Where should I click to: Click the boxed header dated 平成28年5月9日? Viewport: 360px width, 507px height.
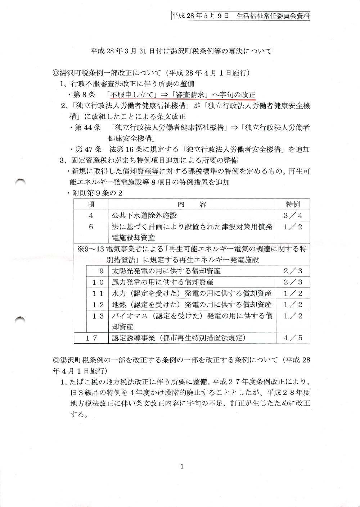[x=240, y=16]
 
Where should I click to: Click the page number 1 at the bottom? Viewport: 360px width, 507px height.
[x=182, y=467]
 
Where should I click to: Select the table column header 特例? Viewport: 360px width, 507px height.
[x=293, y=204]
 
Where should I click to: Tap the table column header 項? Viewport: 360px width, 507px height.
[x=91, y=204]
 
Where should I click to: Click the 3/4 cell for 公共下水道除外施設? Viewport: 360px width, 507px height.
[x=293, y=216]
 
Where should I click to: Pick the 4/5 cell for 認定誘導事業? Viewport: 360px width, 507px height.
[x=293, y=338]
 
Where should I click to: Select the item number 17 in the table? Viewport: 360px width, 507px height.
[x=91, y=338]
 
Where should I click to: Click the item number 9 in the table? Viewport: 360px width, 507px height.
[x=102, y=271]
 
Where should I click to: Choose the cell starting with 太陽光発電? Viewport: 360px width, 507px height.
[x=166, y=271]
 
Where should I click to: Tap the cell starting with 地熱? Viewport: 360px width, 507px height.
[x=192, y=305]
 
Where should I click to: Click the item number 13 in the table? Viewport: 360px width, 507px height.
[x=98, y=316]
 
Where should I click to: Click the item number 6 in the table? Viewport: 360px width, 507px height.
[x=91, y=227]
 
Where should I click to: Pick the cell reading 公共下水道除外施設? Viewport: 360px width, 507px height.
[x=144, y=216]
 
